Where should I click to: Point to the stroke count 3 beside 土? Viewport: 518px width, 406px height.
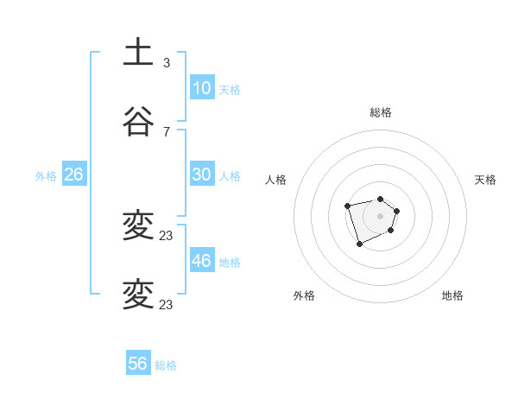pos(167,63)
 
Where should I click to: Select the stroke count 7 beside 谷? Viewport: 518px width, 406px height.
pos(167,132)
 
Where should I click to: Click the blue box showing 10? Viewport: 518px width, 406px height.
pos(201,88)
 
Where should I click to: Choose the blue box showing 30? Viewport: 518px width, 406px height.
pos(201,174)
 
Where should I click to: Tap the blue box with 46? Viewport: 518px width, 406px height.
pos(201,261)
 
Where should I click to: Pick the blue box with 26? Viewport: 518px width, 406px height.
pos(73,174)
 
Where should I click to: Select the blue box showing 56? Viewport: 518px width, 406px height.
pos(137,364)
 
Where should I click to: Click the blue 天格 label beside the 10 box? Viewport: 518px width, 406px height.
pos(230,90)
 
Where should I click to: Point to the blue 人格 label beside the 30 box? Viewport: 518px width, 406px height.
pos(230,176)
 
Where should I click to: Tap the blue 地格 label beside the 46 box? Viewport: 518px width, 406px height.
pos(230,263)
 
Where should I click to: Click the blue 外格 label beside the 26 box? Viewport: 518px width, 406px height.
pos(46,176)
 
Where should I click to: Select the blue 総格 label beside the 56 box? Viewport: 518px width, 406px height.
pos(166,365)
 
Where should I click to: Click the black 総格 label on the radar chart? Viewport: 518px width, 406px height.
pos(380,112)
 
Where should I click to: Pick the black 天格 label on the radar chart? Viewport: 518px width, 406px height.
pos(486,180)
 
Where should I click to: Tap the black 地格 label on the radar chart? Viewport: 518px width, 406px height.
pos(452,295)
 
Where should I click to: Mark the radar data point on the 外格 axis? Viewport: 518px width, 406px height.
pos(359,244)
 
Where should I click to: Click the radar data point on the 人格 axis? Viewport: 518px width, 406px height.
pos(347,206)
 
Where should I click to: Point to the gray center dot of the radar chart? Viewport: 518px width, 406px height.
pos(380,216)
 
